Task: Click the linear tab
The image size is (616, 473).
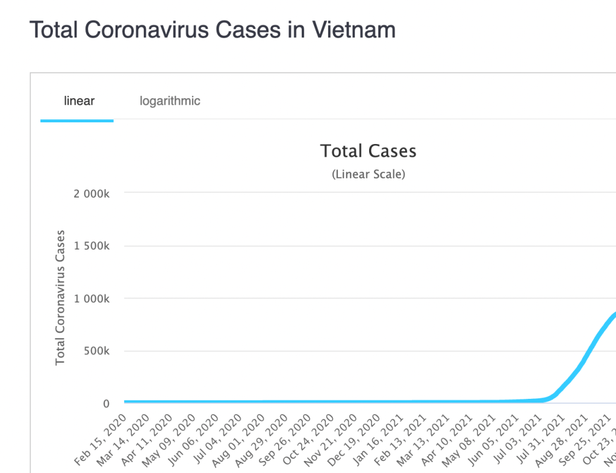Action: tap(79, 101)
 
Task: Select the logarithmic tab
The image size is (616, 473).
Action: tap(170, 101)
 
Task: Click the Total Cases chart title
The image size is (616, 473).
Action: tap(368, 151)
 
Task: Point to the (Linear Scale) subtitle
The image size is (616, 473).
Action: tap(368, 175)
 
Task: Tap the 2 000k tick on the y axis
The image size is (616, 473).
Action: tap(92, 193)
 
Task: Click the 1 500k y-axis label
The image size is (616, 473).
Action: tap(92, 246)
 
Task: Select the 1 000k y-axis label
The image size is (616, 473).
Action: tap(92, 298)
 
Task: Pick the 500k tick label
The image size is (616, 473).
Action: tap(96, 351)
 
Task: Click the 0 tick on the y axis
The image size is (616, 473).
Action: tap(105, 404)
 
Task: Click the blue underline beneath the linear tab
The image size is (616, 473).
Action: tap(77, 121)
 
